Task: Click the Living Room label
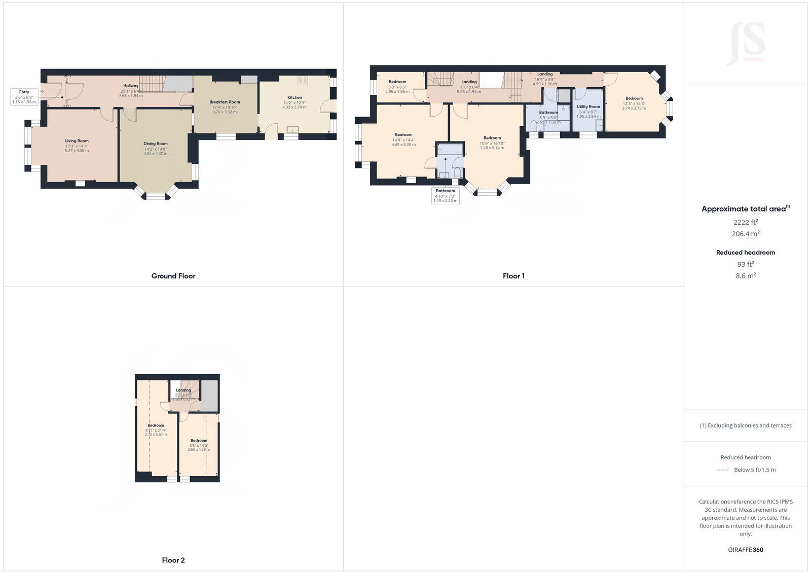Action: (77, 146)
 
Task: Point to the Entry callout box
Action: (24, 97)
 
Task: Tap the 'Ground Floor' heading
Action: (173, 276)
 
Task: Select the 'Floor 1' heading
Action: (513, 276)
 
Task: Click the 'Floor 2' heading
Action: (173, 560)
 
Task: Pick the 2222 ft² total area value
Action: (745, 222)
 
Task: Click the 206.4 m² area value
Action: (745, 234)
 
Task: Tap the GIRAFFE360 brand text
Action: (745, 550)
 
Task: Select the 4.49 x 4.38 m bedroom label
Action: (403, 139)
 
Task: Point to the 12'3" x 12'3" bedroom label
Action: (634, 103)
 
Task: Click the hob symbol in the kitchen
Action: (303, 80)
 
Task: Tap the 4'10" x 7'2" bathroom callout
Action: (445, 196)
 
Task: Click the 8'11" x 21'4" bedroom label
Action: (156, 430)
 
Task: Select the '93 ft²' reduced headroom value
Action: (745, 264)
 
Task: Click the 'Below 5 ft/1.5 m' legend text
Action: (754, 470)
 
